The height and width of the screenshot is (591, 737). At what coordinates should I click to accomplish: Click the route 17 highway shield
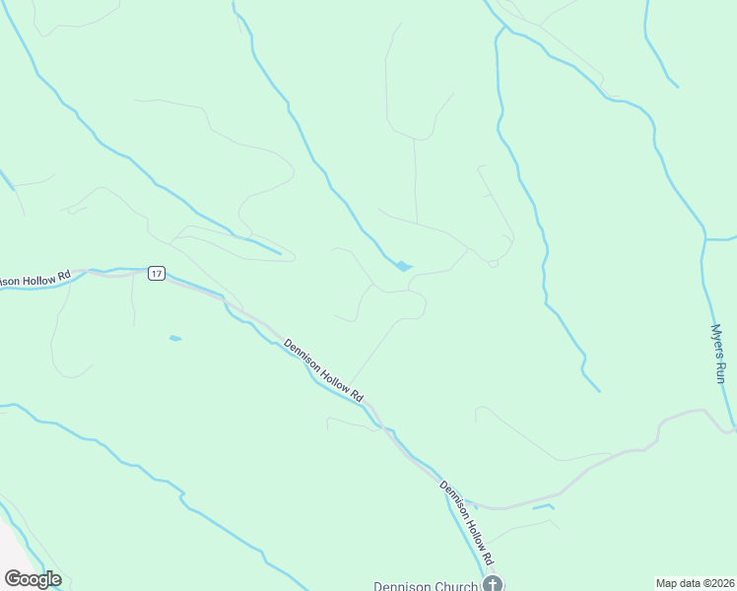coord(156,273)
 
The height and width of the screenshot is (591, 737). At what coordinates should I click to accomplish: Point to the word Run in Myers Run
coord(720,371)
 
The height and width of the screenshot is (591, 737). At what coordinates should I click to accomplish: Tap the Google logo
coord(33,579)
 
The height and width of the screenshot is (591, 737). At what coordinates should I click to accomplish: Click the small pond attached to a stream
coord(403,266)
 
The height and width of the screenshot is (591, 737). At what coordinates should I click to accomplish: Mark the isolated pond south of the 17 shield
coord(175,338)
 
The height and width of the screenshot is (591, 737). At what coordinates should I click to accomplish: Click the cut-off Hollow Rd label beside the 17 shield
coord(35,280)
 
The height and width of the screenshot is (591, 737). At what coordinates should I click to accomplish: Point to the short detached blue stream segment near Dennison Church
coord(543,507)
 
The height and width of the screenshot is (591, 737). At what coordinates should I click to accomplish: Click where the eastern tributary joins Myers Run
coord(705,238)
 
